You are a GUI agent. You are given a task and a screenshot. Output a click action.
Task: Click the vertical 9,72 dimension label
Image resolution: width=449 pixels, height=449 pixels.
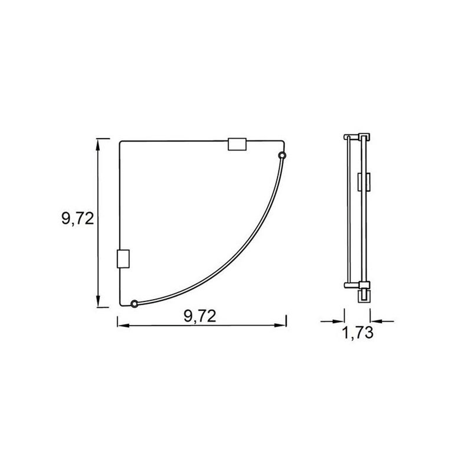point(77,218)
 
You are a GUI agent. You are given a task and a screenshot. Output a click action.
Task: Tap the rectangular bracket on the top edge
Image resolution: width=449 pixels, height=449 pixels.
point(237,144)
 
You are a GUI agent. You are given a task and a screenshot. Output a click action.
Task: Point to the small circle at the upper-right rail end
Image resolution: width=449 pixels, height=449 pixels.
point(282,155)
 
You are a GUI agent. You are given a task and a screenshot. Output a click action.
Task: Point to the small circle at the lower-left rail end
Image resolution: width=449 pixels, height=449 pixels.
point(134,304)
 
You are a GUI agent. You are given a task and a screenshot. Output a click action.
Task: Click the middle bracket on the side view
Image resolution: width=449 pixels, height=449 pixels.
point(363,181)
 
